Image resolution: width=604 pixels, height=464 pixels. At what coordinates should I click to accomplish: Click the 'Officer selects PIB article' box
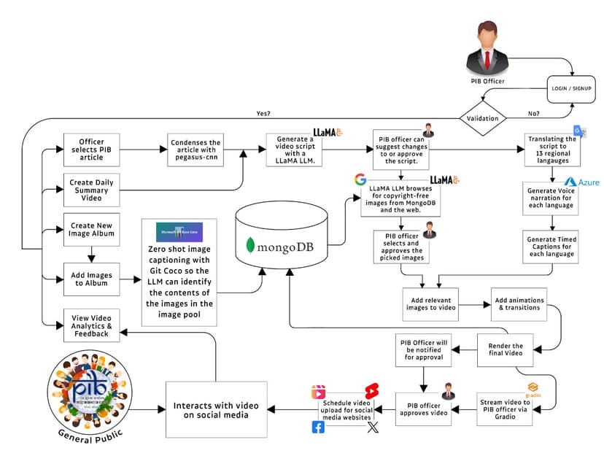(x=91, y=148)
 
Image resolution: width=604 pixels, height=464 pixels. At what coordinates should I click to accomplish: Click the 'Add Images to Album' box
(x=91, y=278)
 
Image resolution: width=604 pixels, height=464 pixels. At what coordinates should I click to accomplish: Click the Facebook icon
(x=318, y=428)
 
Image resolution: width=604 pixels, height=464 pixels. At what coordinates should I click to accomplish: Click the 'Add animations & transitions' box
(x=518, y=303)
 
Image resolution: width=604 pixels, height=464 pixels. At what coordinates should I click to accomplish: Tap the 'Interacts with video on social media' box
(x=215, y=410)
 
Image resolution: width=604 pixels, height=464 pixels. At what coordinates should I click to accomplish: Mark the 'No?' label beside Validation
(x=533, y=114)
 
